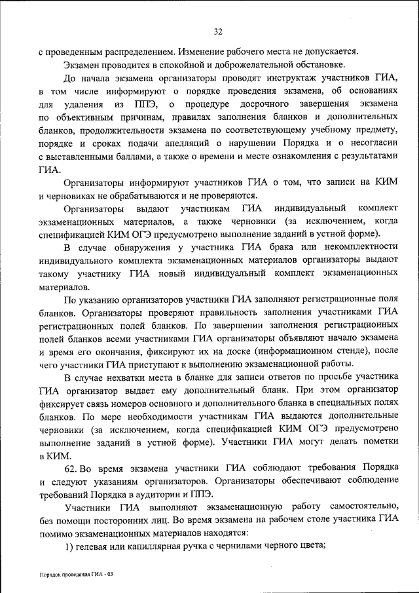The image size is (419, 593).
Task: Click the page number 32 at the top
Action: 219,31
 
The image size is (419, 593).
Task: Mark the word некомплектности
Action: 357,246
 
